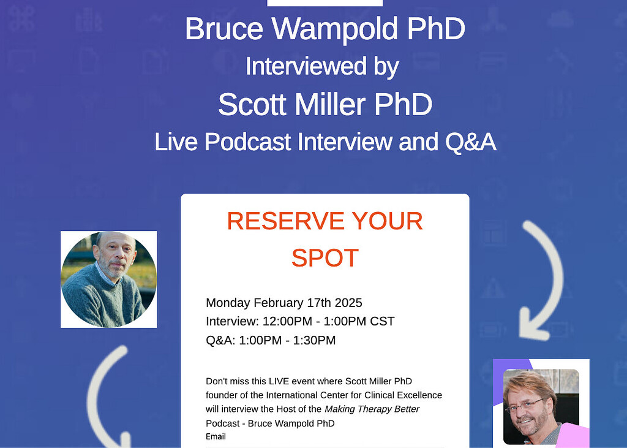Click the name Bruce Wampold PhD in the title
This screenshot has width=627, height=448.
325,29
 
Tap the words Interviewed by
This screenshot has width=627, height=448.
322,66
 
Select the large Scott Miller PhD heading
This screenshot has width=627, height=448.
325,104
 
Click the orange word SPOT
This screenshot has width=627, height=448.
325,258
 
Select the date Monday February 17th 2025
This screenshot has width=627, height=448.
284,303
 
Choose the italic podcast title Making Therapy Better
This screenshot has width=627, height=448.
372,409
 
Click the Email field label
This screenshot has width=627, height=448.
216,436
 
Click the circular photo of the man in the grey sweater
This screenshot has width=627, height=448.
109,279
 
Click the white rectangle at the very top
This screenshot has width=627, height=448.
325,3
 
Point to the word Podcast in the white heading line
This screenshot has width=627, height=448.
249,142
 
